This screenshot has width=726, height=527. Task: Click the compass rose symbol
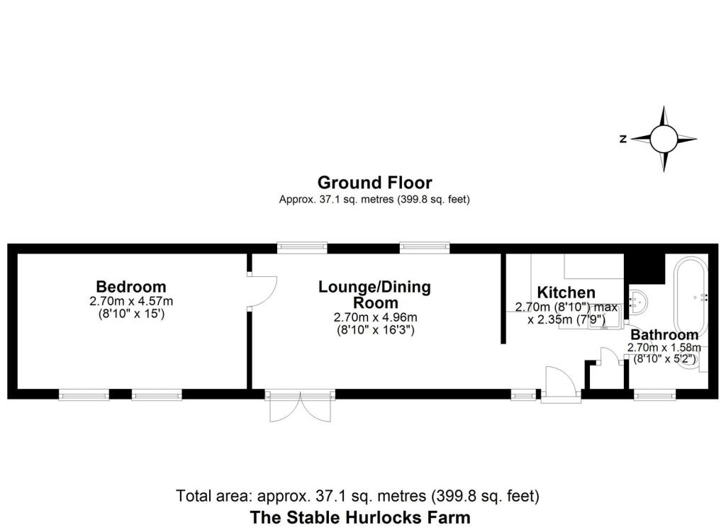664,139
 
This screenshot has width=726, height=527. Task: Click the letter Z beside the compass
622,140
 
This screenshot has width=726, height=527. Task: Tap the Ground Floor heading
374,183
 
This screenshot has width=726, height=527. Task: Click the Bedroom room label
131,287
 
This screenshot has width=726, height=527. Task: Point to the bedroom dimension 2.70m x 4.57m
131,301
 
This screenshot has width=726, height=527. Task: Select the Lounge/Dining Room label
374,295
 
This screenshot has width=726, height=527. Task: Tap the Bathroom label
664,334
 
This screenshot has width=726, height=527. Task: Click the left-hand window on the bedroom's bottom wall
84,395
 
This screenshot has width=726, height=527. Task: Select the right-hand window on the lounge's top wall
424,247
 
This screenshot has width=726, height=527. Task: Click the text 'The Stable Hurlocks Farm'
359,516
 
